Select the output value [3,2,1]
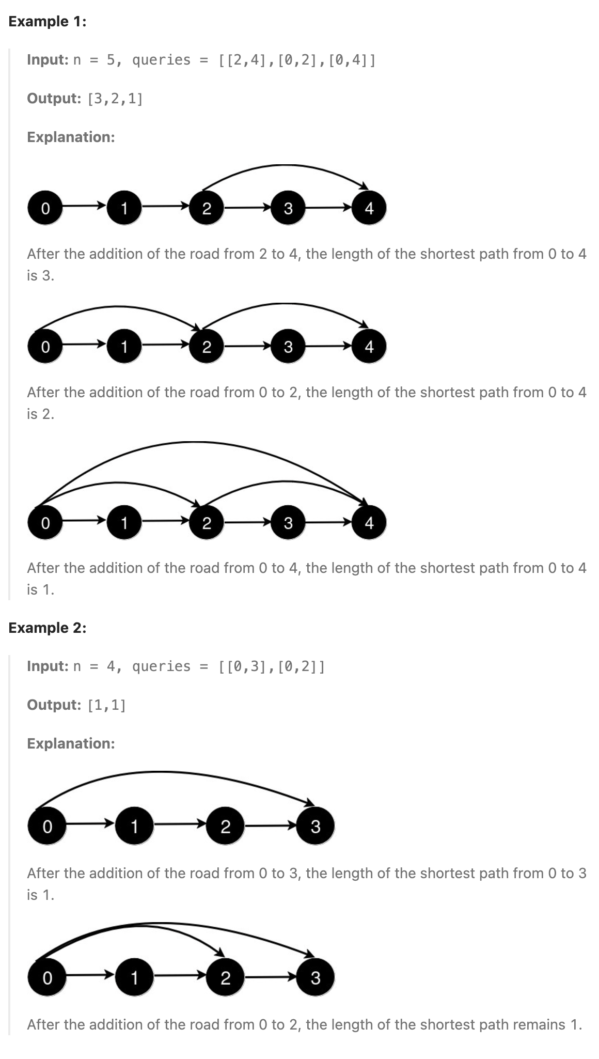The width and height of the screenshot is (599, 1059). [x=115, y=98]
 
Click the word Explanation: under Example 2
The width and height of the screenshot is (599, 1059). [x=71, y=743]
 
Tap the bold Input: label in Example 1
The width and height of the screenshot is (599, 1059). [x=48, y=60]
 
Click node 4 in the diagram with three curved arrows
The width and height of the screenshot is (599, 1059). [x=369, y=523]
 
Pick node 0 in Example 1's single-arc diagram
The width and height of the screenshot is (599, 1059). [x=45, y=208]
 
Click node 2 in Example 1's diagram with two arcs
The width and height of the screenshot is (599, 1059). [x=207, y=347]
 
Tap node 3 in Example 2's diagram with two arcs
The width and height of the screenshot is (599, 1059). [x=316, y=977]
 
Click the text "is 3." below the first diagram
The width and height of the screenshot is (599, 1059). [x=40, y=276]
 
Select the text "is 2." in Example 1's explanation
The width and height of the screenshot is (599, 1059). [x=40, y=414]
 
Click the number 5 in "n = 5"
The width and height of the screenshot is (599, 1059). [x=111, y=60]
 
